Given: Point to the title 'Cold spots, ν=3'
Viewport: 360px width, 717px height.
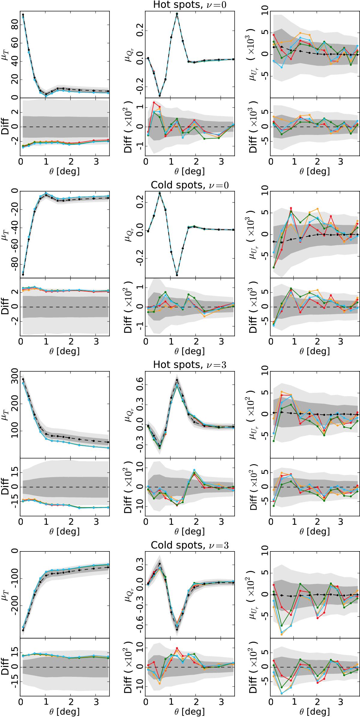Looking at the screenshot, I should (190, 545).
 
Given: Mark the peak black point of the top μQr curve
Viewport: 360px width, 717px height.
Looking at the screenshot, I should (177, 14).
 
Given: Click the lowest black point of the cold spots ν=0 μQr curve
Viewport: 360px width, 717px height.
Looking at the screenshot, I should (177, 275).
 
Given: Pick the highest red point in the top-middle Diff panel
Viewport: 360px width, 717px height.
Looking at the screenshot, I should (154, 103).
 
